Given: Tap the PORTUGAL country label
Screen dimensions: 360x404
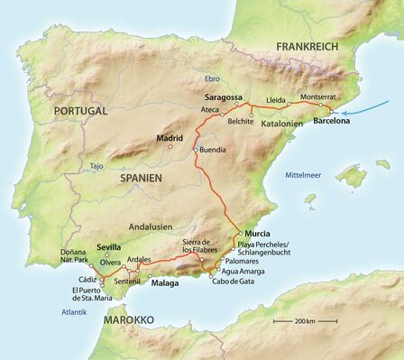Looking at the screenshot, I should [80, 110].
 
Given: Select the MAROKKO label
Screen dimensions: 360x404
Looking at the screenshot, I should [127, 319].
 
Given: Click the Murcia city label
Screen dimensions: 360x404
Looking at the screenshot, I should [257, 232].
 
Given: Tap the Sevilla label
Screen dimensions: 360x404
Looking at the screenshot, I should [108, 246].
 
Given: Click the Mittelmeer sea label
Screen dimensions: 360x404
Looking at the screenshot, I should [303, 174].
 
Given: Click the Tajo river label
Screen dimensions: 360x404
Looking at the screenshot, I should [96, 166].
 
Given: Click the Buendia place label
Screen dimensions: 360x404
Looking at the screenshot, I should [214, 150].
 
